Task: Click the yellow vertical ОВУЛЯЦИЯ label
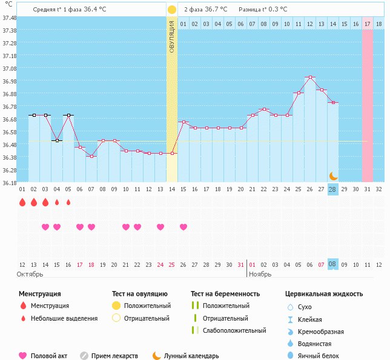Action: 172,37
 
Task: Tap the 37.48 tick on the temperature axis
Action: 9,18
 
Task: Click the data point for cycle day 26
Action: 310,77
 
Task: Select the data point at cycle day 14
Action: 173,153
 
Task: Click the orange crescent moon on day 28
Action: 332,175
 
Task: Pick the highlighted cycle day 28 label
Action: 332,189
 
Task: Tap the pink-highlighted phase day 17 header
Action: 367,24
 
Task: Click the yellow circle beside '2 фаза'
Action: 172,10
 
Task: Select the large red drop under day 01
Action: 22,202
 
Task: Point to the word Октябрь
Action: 30,274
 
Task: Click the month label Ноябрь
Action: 262,274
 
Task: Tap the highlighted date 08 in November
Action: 332,264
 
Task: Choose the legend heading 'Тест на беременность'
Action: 225,293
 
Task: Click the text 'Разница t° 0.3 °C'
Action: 263,10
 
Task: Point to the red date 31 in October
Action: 241,264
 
